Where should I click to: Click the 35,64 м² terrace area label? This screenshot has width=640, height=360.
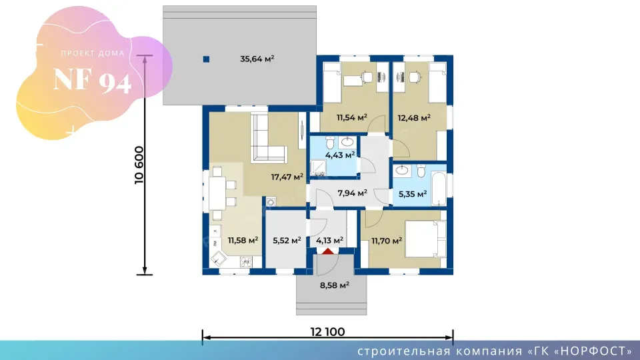click(x=257, y=59)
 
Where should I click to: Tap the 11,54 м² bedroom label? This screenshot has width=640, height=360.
click(x=352, y=117)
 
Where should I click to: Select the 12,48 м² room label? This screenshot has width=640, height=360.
click(x=414, y=117)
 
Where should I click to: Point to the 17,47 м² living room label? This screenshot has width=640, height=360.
click(x=287, y=177)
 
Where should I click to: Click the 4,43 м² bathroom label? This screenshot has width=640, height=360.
click(x=340, y=155)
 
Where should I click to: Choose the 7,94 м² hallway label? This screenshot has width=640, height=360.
click(x=352, y=193)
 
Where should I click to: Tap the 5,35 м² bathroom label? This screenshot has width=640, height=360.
click(x=413, y=194)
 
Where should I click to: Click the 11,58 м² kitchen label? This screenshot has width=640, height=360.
click(x=243, y=240)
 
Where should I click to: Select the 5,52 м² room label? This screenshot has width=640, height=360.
click(x=287, y=241)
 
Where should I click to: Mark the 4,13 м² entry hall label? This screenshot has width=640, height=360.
click(x=329, y=241)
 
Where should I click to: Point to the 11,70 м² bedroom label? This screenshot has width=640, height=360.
click(x=387, y=241)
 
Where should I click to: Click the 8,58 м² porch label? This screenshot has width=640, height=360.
click(x=334, y=285)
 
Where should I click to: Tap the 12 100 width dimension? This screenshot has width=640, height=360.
click(x=328, y=332)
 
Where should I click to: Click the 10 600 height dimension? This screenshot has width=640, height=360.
click(x=139, y=165)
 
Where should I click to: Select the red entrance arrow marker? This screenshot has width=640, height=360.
click(x=328, y=251)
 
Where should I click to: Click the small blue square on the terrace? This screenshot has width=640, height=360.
click(x=206, y=59)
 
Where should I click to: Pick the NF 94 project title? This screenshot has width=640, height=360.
click(x=93, y=80)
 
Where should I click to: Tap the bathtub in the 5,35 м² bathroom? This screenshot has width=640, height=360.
click(x=439, y=189)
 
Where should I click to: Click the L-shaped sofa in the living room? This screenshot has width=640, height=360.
click(x=269, y=139)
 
